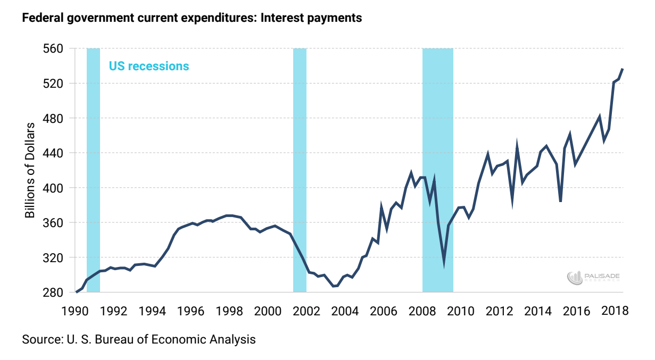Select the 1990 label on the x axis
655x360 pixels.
pos(77,310)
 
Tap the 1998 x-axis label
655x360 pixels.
pos(230,310)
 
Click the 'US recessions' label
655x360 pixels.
pos(149,66)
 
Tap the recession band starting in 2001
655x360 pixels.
pos(300,170)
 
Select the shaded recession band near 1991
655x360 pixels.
pos(93,170)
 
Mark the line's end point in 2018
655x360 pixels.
pos(623,69)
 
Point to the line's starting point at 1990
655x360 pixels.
pos(77,292)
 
